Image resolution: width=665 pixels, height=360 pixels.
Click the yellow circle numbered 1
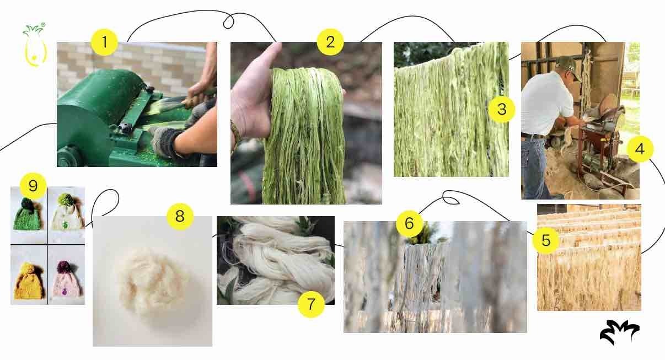click(104, 42)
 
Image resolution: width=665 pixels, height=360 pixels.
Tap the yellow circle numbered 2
click(330, 42)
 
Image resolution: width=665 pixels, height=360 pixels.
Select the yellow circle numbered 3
click(502, 109)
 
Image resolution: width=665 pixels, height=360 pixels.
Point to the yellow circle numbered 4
click(640, 149)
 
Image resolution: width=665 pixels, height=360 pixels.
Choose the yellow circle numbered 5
click(546, 240)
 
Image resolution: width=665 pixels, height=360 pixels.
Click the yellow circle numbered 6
click(409, 223)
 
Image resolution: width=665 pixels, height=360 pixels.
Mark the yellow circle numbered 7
click(311, 304)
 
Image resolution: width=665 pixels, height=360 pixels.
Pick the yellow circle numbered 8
click(180, 216)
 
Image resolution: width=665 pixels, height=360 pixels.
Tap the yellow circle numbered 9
click(33, 186)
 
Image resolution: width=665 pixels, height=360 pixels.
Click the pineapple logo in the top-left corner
click(35, 45)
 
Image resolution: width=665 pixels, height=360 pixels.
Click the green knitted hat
click(28, 215)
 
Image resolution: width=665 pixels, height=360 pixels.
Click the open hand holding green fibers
click(253, 98)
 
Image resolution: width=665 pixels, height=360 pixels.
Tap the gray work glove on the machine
click(165, 142)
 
